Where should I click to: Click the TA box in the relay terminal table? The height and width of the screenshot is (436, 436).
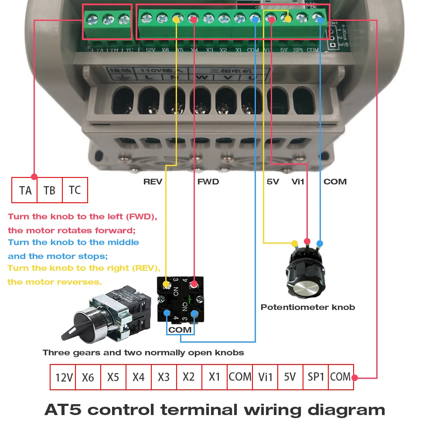pos(25,190)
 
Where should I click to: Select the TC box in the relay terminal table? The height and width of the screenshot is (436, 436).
pos(75,190)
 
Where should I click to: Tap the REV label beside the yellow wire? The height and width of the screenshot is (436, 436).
pos(153,182)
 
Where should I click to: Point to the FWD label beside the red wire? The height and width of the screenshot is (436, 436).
pos(208,182)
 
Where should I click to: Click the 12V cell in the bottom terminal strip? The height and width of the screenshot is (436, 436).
pos(64,377)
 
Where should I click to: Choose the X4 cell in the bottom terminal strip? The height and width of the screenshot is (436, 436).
pos(139,377)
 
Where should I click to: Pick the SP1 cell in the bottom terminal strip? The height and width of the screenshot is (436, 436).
pos(316,377)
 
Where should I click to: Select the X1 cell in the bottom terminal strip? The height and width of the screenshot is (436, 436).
pos(215,377)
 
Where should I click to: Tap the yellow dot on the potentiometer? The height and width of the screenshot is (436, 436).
pos(294,243)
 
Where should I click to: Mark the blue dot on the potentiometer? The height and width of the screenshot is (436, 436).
pos(320,243)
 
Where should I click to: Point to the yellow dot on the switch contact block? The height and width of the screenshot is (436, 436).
pos(166,285)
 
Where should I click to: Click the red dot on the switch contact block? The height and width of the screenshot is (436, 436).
pos(194,285)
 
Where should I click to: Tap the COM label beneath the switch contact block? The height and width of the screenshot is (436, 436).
pos(180,330)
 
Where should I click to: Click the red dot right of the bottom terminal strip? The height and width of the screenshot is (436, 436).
pos(355,378)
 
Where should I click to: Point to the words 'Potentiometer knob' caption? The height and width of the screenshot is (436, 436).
pos(308,307)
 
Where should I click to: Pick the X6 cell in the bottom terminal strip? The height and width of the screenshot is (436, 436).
pos(88,377)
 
